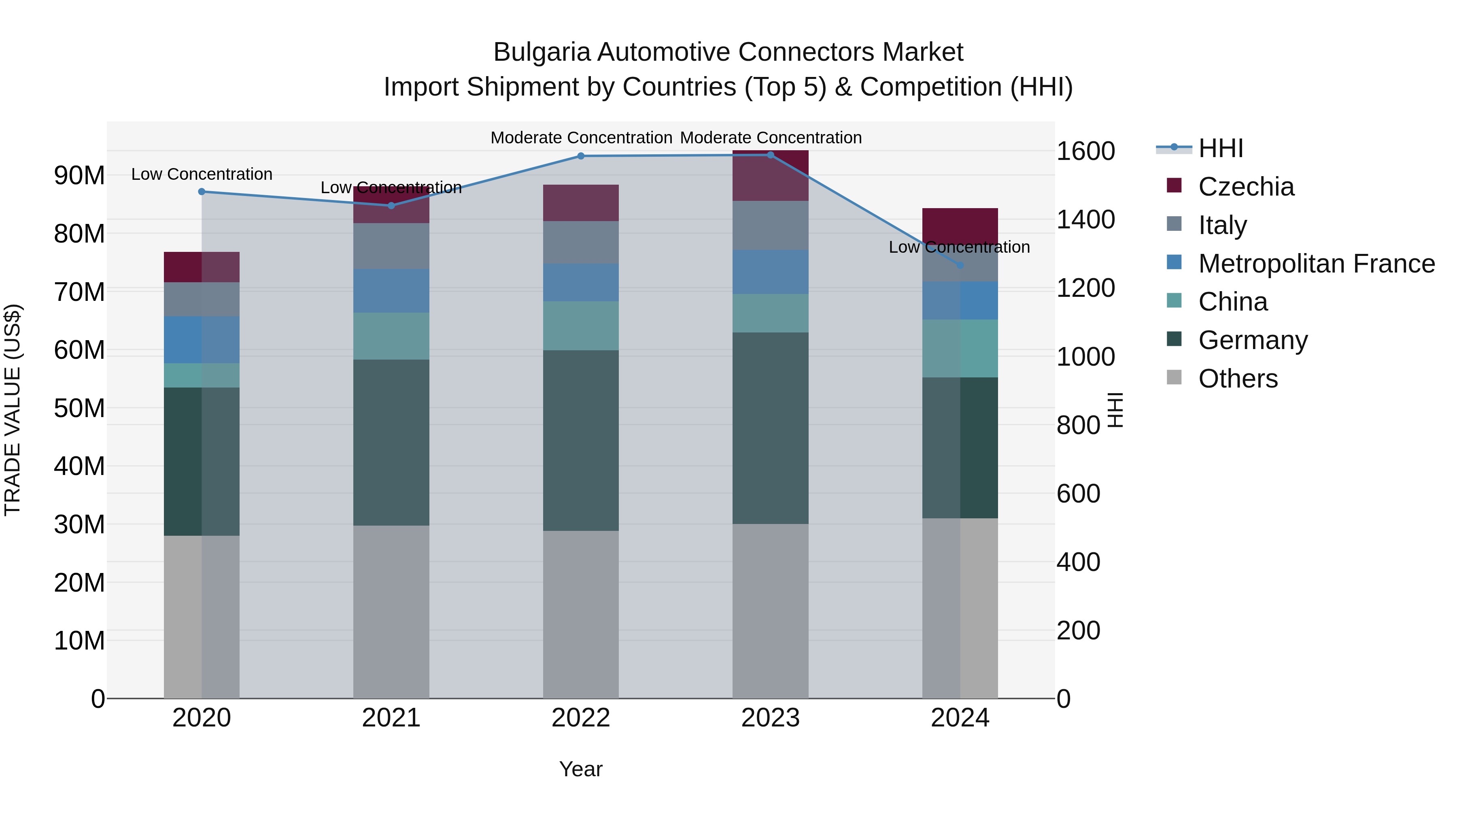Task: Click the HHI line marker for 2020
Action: [x=202, y=192]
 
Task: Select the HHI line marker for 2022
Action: [x=580, y=156]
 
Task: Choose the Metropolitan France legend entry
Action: [x=1316, y=264]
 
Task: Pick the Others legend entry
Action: [x=1238, y=379]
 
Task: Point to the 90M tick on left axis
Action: [x=79, y=175]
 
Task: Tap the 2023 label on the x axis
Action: [x=770, y=718]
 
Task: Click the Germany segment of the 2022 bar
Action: [x=580, y=440]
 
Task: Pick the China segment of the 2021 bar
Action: [x=391, y=336]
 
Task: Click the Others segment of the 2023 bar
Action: [x=770, y=611]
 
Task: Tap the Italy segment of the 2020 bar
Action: [x=202, y=299]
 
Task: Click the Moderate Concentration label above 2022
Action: [x=581, y=138]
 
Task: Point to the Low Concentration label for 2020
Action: [x=202, y=174]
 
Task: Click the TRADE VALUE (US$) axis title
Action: [x=13, y=410]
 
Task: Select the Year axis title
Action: [x=580, y=769]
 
